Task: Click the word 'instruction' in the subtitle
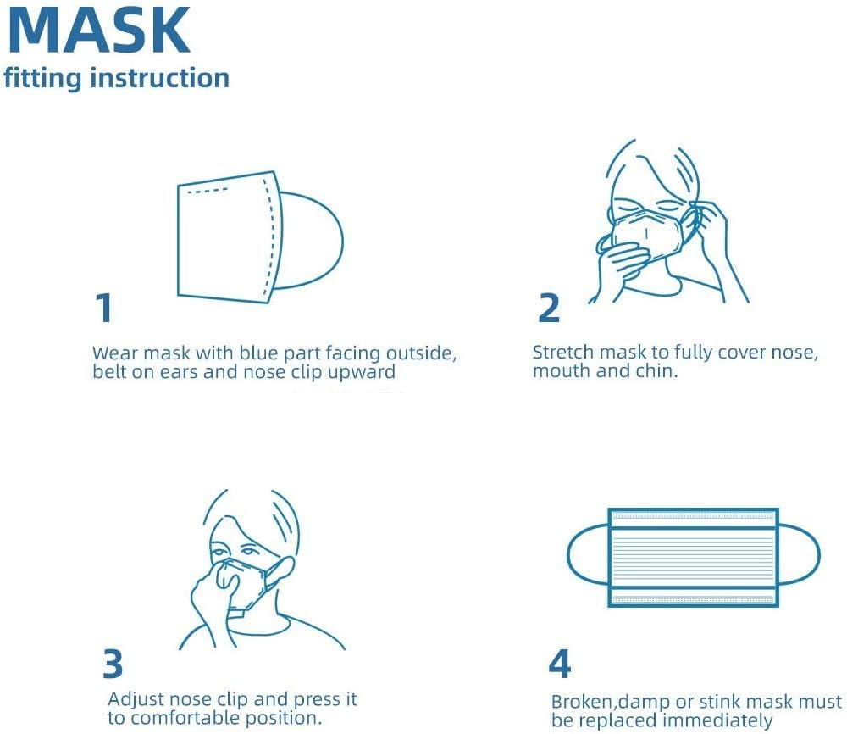(159, 78)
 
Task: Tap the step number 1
(104, 308)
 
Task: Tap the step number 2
(549, 308)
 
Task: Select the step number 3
(113, 664)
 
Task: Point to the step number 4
(559, 664)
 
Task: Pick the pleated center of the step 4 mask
(693, 557)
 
